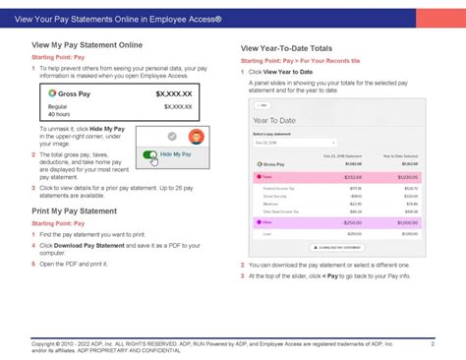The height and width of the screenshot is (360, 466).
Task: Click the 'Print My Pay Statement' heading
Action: [75, 210]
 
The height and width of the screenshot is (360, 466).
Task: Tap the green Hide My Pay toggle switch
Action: [150, 154]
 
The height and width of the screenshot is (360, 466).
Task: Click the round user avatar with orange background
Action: [196, 136]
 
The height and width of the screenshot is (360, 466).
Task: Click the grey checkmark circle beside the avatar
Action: [172, 136]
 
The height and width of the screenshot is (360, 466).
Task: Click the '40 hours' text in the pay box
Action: [61, 113]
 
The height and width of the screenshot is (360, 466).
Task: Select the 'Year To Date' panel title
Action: [279, 118]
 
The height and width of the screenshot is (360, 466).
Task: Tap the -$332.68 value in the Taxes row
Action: [353, 177]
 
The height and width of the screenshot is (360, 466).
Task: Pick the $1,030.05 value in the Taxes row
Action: [409, 177]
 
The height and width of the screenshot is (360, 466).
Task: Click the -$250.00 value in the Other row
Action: [353, 223]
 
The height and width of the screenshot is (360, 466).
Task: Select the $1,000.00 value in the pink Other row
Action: [409, 223]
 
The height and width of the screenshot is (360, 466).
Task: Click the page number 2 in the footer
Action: [433, 343]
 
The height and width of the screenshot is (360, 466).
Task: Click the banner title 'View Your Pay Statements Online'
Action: [118, 16]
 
